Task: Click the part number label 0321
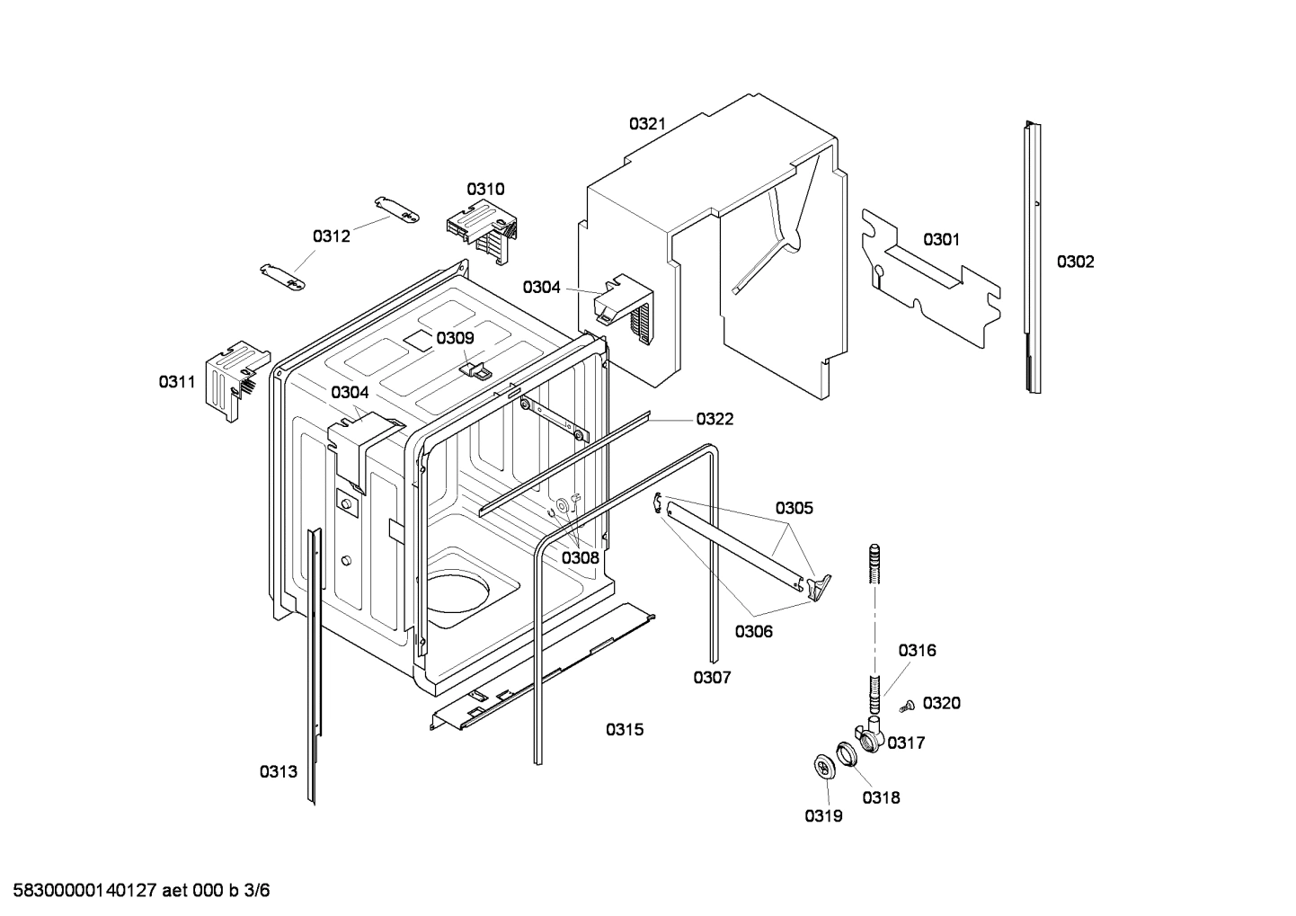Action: point(647,124)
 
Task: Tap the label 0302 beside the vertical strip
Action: point(1075,262)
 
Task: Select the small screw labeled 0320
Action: point(906,707)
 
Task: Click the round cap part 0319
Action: point(821,766)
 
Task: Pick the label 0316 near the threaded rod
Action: point(917,650)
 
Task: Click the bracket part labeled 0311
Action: point(234,378)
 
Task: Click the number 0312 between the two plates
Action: point(331,236)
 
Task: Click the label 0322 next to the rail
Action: point(715,418)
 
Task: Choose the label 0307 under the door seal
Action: point(712,677)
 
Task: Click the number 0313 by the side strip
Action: point(279,771)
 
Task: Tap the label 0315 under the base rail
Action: point(624,729)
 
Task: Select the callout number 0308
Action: point(580,557)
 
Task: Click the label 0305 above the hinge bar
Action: point(794,508)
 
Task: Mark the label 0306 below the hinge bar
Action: point(753,631)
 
